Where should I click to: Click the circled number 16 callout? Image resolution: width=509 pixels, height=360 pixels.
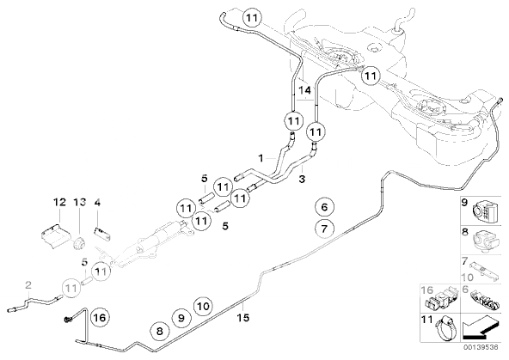pos(100,317)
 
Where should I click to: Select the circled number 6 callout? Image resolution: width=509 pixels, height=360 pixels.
pos(324,207)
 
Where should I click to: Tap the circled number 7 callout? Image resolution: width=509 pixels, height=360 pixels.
pos(324,229)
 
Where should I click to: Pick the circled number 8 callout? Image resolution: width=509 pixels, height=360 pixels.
pos(159,331)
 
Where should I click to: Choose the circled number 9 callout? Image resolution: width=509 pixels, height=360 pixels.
pos(181,318)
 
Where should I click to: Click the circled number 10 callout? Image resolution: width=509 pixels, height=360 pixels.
pos(203,306)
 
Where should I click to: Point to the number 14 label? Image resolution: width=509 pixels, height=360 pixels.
pos(305,90)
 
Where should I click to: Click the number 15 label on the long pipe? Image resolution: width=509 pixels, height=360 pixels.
pos(242,318)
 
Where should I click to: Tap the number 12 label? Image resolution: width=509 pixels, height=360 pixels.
pos(59,202)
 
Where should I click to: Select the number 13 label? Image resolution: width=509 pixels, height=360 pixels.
pos(79,202)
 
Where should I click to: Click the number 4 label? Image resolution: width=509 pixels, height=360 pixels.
pos(97,203)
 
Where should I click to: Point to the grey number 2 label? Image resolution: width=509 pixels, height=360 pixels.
pos(28,285)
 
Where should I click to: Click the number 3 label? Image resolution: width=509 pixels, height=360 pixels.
pos(302,179)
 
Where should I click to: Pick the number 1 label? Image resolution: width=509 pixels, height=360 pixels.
pos(261,158)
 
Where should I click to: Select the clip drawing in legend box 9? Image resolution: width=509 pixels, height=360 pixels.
pos(485,211)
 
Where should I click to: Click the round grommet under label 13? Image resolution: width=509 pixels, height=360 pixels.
pos(79,243)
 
